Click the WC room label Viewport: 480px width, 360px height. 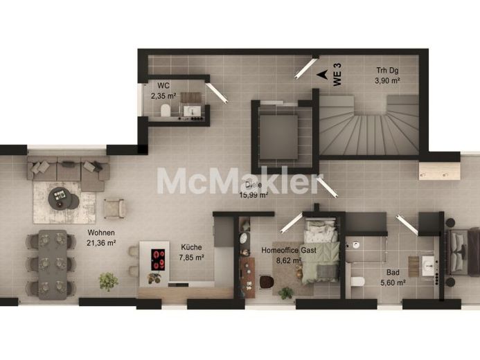163,84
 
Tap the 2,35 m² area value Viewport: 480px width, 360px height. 163,96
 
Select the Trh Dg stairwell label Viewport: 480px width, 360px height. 388,71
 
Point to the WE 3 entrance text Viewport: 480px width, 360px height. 337,74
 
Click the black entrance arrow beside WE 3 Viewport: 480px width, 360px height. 321,74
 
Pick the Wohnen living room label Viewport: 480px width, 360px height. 101,233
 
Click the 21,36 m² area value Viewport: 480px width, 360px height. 101,243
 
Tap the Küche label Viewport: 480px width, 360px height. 191,247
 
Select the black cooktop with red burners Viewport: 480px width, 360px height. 158,260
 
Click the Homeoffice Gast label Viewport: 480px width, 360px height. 289,250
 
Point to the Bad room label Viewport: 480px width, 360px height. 393,272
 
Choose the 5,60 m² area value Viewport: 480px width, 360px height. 393,282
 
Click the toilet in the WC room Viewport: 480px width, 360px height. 166,110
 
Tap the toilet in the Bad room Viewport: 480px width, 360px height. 357,281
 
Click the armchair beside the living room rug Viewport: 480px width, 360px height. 114,208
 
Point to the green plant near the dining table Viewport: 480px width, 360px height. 108,281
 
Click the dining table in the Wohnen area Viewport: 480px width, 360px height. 53,264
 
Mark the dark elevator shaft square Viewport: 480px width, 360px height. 278,137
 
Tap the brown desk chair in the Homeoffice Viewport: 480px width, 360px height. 267,282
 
